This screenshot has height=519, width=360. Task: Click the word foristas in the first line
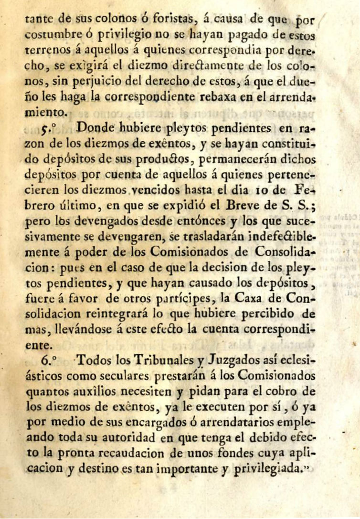point(163,20)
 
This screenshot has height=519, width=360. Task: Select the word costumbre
point(53,35)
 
